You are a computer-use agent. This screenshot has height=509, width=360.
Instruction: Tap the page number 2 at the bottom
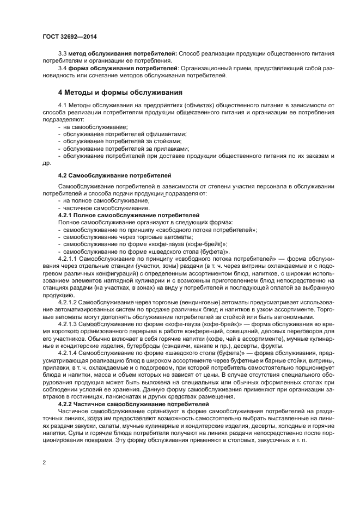[44, 462]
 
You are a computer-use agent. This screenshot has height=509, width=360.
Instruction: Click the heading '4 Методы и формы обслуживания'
[120, 92]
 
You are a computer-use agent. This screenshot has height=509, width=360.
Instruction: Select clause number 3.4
[62, 68]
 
